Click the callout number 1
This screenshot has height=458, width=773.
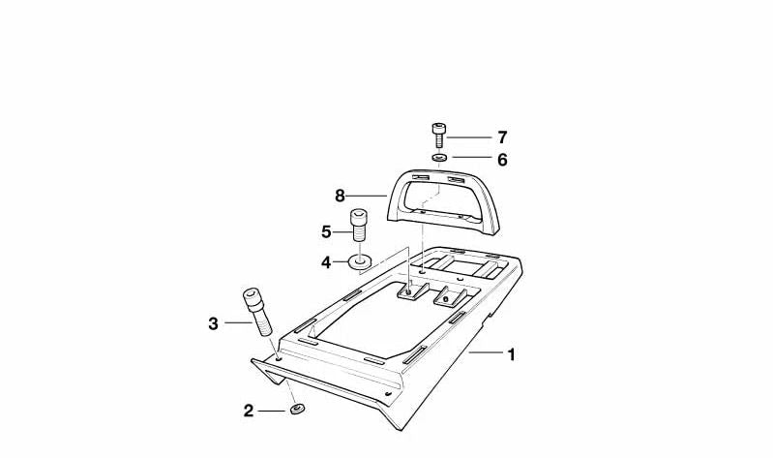click(511, 354)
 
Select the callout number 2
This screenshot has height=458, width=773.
click(249, 411)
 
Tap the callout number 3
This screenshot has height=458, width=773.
click(213, 323)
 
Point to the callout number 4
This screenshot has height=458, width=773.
click(326, 262)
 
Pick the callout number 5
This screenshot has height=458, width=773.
click(326, 232)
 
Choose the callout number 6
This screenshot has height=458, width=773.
click(502, 160)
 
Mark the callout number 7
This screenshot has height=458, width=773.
click(502, 137)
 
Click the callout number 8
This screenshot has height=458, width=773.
click(340, 196)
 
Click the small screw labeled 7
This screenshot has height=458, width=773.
click(438, 135)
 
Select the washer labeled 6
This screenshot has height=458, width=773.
click(439, 158)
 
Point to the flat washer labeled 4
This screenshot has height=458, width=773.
click(360, 261)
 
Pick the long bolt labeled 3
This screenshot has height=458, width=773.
click(257, 312)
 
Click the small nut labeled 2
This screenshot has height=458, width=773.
click(297, 410)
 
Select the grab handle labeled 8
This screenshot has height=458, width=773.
click(443, 201)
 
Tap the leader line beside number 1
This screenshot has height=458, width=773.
click(485, 352)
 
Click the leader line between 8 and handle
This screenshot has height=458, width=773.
click(367, 196)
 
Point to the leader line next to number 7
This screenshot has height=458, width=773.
click(469, 137)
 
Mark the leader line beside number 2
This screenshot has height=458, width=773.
click(272, 411)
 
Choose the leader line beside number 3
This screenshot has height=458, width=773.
click(238, 322)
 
